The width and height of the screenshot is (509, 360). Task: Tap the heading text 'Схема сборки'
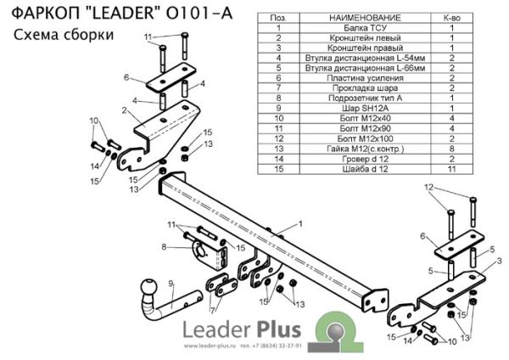tap(64, 33)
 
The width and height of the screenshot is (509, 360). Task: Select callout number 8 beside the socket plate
tap(164, 247)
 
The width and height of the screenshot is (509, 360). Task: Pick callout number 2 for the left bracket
tap(123, 110)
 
